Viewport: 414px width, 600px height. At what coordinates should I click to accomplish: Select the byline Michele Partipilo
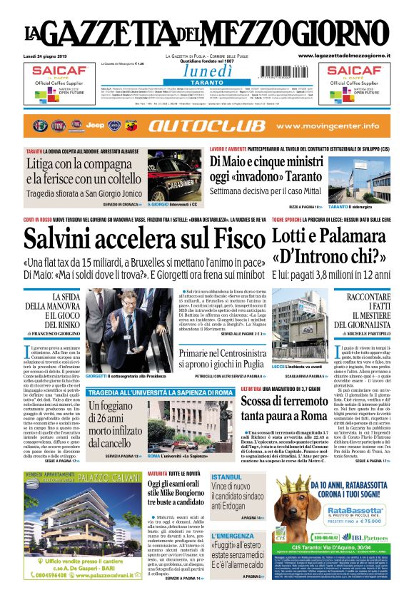[365, 332]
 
